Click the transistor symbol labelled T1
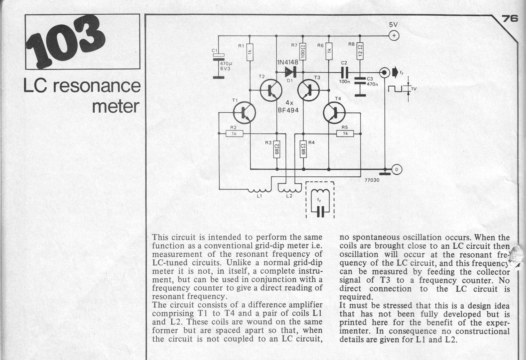[x=244, y=113]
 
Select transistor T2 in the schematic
[x=271, y=90]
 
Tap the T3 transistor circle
[x=308, y=90]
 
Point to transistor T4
[x=334, y=113]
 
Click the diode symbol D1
[x=291, y=72]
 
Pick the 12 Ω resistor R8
[x=360, y=51]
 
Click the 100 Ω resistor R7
[x=303, y=51]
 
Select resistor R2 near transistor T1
[x=234, y=134]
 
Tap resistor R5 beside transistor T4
[x=345, y=133]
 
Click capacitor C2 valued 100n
[x=344, y=72]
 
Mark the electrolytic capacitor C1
[x=219, y=57]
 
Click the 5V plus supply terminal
[x=394, y=36]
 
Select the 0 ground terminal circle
[x=397, y=169]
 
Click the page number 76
[x=510, y=19]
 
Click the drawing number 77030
[x=372, y=180]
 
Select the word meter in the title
[x=116, y=107]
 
